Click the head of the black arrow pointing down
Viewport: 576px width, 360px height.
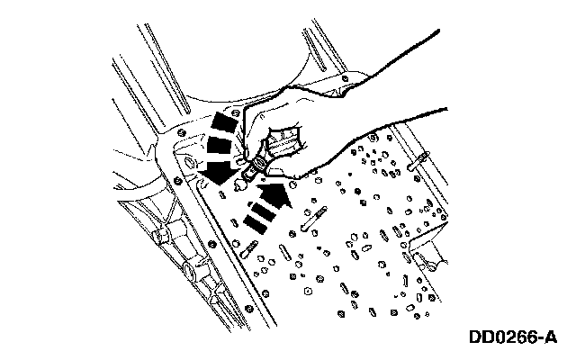pyautogui.click(x=215, y=169)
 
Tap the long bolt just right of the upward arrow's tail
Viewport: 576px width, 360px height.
pyautogui.click(x=315, y=217)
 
